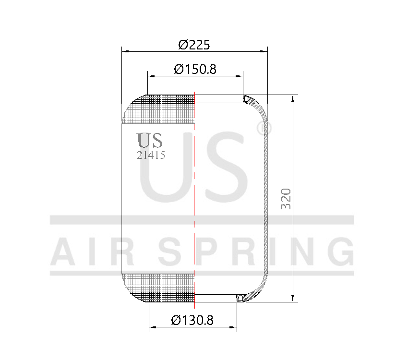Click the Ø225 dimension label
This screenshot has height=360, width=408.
[194, 45]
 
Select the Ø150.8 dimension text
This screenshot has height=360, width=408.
[195, 69]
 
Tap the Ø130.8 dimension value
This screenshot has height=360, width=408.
[192, 320]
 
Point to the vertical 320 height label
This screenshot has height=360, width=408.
[286, 198]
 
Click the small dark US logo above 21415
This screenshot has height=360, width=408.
[150, 140]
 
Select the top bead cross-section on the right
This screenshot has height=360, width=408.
[246, 99]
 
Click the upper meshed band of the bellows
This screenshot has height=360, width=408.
[160, 109]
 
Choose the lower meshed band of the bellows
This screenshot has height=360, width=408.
[160, 287]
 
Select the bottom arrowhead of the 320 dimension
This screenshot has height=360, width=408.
[292, 299]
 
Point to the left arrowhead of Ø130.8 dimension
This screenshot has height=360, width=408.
[152, 328]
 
